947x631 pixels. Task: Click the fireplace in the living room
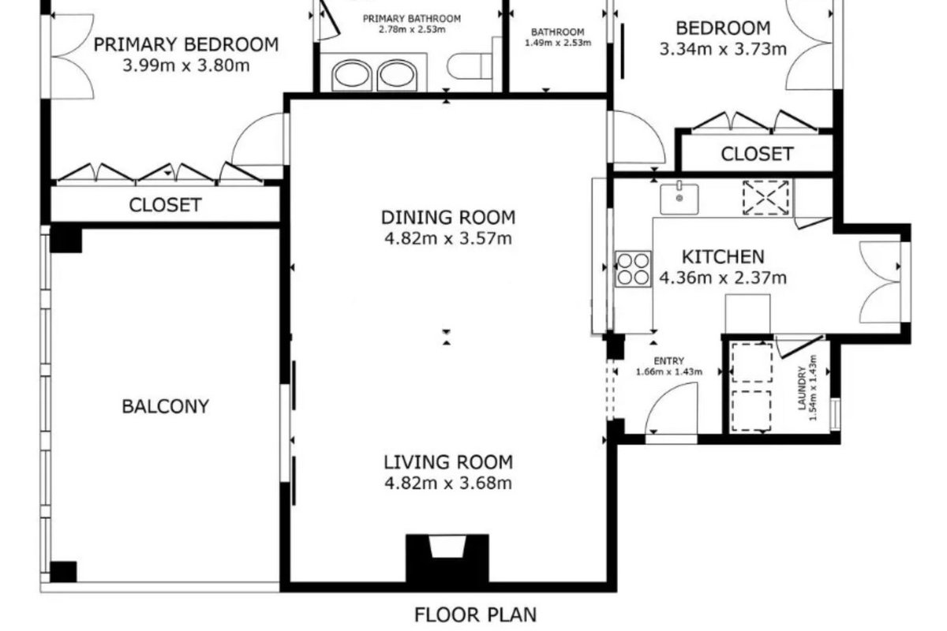point(447,558)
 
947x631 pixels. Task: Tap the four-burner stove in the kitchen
point(633,269)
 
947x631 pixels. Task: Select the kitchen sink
point(679,198)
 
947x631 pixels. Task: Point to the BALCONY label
point(165,406)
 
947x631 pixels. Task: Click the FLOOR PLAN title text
point(475,614)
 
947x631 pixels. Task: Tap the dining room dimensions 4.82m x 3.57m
point(448,238)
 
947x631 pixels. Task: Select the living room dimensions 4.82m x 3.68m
point(448,483)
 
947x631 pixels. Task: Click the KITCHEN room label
point(723,257)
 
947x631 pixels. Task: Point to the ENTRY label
point(669,361)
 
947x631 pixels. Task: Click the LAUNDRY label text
point(802,388)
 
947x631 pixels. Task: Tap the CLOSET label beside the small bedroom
point(757,154)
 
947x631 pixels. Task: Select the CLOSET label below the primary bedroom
point(165,205)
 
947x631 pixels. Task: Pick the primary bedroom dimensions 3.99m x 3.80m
point(186,65)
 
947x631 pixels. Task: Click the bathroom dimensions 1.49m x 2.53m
point(558,43)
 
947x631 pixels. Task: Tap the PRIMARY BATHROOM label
point(412,19)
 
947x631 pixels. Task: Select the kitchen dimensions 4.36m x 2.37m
point(723,278)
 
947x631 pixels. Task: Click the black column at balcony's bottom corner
point(63,572)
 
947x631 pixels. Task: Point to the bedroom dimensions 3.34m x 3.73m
point(723,50)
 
